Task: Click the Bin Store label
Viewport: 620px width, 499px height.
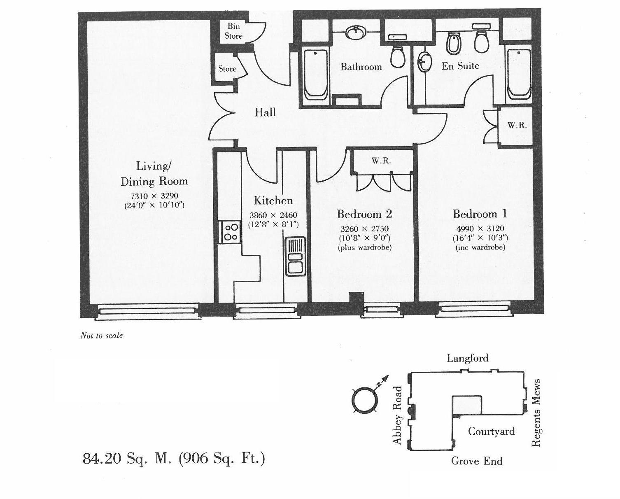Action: point(233,31)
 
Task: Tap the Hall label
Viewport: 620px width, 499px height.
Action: point(265,112)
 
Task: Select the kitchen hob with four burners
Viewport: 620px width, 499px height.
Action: point(231,232)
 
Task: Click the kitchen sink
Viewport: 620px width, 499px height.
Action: point(295,256)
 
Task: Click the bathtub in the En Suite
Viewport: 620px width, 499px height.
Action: point(518,74)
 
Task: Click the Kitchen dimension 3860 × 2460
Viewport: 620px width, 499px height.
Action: point(273,215)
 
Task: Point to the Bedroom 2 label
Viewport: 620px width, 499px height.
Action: point(364,214)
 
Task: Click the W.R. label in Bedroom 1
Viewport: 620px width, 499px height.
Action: point(517,126)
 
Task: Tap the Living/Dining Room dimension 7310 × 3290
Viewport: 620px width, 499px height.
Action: point(154,196)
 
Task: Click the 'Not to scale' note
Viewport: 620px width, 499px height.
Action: point(102,336)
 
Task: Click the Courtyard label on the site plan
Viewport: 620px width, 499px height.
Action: point(491,431)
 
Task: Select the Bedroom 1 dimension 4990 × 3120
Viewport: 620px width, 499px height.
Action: point(480,229)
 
